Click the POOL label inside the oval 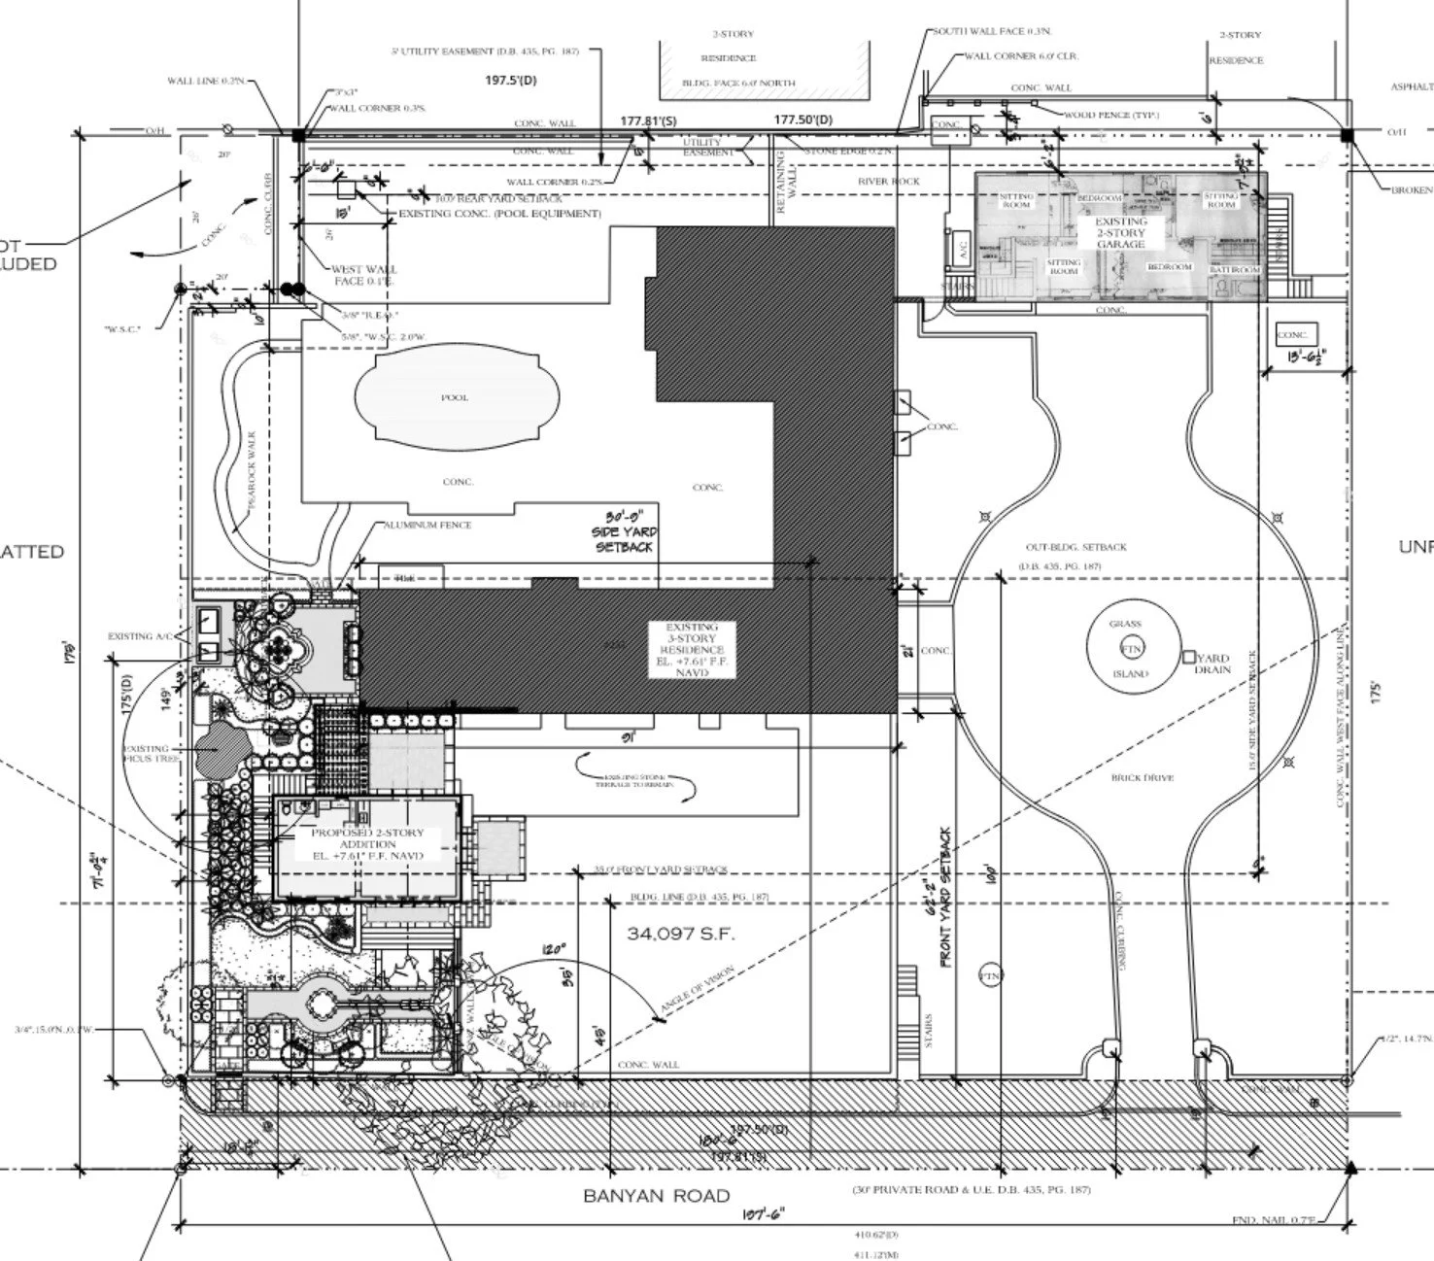coord(455,397)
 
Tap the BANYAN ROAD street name coord(656,1195)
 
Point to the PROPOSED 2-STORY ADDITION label coord(368,844)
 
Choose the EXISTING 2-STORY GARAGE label coord(1121,233)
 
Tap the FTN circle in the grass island coord(1132,649)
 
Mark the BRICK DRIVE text coord(1143,777)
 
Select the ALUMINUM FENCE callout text coord(427,525)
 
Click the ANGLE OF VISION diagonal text coord(698,991)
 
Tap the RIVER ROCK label coord(888,182)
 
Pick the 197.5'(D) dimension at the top coord(510,81)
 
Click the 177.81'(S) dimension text coord(648,120)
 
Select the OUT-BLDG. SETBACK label coord(1075,547)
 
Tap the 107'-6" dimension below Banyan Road coord(763,1213)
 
